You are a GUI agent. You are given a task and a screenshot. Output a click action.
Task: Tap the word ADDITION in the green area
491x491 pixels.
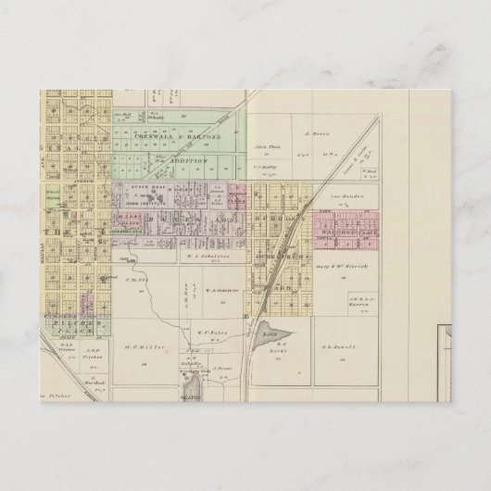[189, 159]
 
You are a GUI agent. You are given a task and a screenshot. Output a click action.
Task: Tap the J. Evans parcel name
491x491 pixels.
[220, 366]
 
